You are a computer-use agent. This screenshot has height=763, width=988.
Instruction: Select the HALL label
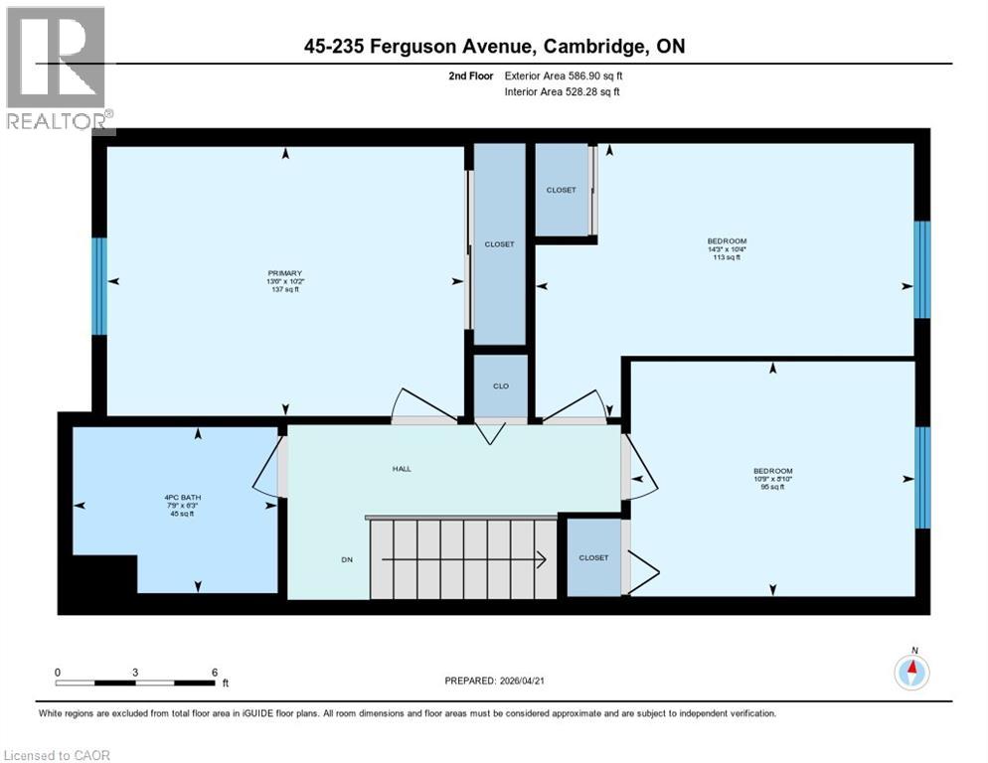tap(402, 469)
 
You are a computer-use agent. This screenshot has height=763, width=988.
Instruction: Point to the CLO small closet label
tap(501, 385)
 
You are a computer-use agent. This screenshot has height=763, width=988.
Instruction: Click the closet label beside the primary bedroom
tap(499, 244)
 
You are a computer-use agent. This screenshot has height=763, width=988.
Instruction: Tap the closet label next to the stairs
tap(593, 558)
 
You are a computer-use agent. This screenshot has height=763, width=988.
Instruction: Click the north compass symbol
tap(910, 672)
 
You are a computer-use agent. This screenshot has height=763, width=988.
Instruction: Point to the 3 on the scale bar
tap(134, 672)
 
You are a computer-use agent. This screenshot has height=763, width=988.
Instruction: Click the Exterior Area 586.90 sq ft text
tap(564, 76)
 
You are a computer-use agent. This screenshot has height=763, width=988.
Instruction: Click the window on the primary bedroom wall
tap(98, 286)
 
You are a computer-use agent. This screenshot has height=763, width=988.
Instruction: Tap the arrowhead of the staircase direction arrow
tap(542, 560)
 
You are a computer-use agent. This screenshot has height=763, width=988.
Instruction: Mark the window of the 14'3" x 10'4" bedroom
tap(921, 269)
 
